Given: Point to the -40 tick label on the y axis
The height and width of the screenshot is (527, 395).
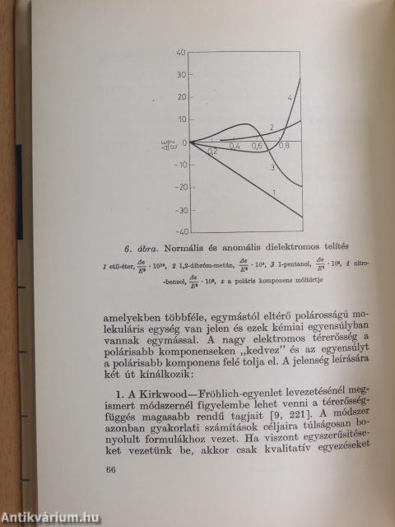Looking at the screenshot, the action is coord(179,231).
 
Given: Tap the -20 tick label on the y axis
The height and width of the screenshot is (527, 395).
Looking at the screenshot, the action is coord(179,187).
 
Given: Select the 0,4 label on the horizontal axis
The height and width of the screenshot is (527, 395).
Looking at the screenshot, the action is coord(235,147).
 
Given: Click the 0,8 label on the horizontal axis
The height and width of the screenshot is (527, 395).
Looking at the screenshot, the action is coord(284,147).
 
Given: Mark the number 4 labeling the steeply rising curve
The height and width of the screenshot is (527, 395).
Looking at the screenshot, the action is coord(290,99).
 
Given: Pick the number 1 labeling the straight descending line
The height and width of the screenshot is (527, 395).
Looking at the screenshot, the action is coord(272,193).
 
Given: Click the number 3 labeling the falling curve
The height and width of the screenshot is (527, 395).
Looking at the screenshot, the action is coord(272,167).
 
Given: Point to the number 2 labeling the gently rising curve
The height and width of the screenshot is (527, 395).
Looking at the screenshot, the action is coord(271,128).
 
